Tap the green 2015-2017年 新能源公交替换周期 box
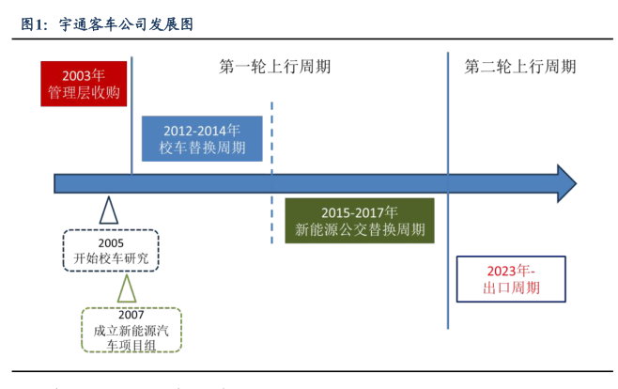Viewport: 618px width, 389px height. click(x=359, y=221)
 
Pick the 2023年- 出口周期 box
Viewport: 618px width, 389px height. click(x=511, y=279)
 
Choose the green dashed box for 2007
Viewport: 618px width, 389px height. click(x=131, y=330)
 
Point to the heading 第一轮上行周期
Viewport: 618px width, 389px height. click(x=275, y=67)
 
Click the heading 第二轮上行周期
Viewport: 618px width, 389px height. click(x=520, y=67)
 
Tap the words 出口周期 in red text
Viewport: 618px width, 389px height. click(x=511, y=288)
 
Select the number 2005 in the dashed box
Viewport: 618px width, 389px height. click(x=111, y=242)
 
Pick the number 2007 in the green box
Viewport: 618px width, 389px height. click(x=131, y=315)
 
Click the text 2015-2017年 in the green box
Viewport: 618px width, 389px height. click(x=359, y=212)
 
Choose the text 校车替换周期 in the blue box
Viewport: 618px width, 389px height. click(x=202, y=148)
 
